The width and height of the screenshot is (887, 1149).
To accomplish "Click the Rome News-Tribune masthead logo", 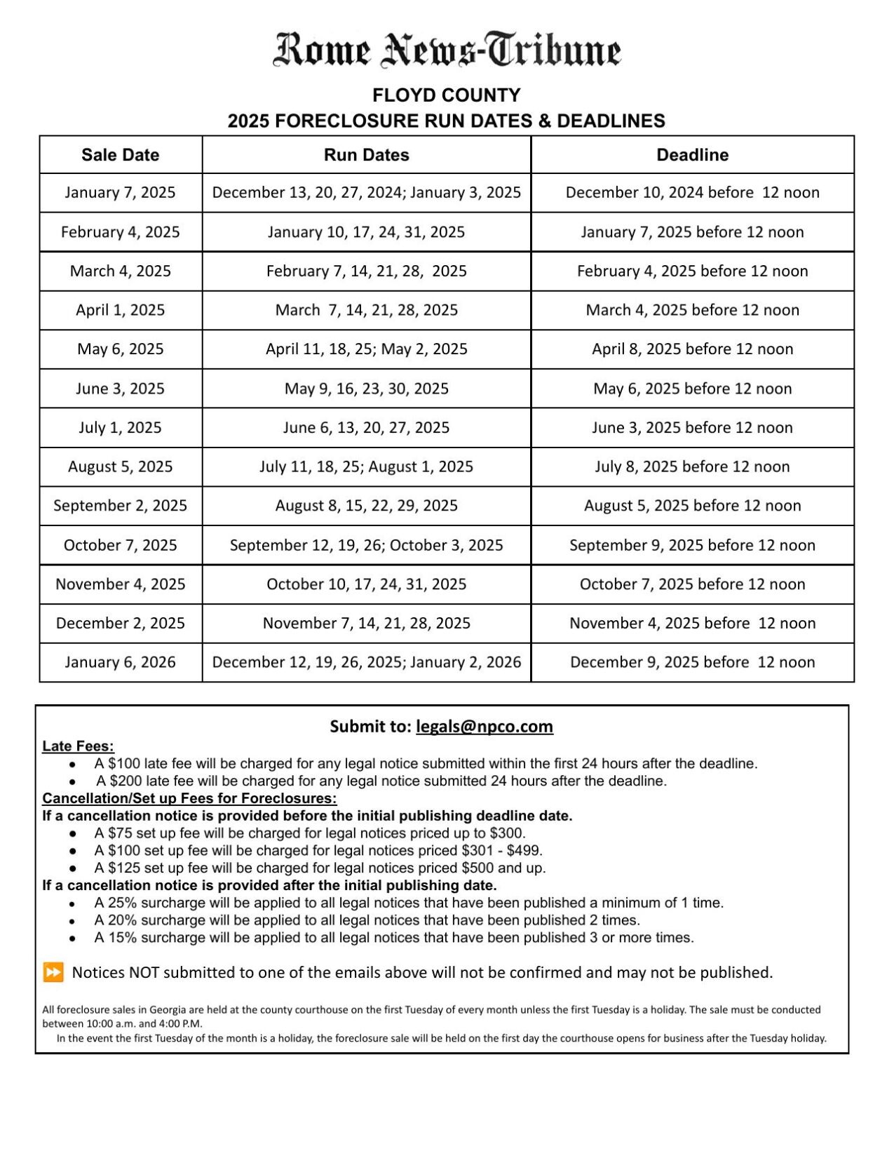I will [447, 51].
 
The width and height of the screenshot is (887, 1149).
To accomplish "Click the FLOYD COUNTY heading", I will [446, 95].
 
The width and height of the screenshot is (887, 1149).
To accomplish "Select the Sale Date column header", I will [120, 155].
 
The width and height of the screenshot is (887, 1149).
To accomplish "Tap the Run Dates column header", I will [366, 155].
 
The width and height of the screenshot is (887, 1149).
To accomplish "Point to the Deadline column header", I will [692, 155].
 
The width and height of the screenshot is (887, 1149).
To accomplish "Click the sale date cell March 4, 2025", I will [120, 271].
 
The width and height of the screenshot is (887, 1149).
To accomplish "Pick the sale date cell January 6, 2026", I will [120, 662].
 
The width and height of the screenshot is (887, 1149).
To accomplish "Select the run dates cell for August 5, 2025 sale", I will [366, 466].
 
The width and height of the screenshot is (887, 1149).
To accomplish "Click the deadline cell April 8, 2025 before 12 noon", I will [692, 349].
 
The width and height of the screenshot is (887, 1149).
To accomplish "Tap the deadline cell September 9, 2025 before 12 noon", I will [692, 545].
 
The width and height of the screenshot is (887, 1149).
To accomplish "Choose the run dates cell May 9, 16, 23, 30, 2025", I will [366, 389].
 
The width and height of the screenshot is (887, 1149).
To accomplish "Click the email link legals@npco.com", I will [484, 727].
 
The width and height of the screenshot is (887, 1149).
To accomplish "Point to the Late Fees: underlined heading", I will [78, 746].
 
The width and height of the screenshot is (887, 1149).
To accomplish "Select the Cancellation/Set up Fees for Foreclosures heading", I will [189, 798].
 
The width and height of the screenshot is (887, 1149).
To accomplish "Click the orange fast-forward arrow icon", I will [53, 972].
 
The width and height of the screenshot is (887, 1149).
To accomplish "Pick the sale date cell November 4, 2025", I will [120, 584].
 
